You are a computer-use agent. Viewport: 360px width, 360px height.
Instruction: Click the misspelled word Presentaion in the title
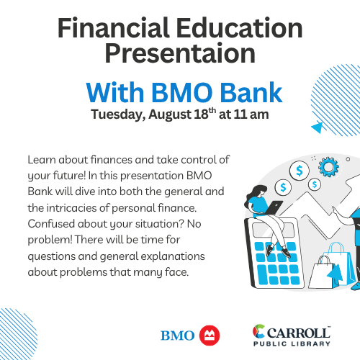[x=180, y=53]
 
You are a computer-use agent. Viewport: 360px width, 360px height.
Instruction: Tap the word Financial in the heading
[x=114, y=28]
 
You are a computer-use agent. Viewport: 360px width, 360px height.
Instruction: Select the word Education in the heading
[x=240, y=28]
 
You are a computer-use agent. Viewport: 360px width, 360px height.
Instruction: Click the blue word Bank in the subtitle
[x=251, y=92]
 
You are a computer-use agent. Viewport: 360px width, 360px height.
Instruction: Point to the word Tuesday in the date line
[x=118, y=114]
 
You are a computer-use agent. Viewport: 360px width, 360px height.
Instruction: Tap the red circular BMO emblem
[x=210, y=336]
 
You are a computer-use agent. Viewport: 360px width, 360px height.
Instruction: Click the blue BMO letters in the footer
[x=178, y=336]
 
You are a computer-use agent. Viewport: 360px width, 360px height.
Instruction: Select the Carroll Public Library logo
[x=292, y=336]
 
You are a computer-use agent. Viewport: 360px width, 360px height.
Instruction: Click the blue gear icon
[x=328, y=167]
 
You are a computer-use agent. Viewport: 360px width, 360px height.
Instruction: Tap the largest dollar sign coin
[x=300, y=171]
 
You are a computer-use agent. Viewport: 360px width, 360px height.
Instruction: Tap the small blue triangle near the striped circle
[x=318, y=127]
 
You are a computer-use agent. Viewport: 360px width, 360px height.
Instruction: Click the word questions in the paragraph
[x=52, y=257]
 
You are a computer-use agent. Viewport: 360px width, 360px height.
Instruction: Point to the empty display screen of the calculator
[x=273, y=230]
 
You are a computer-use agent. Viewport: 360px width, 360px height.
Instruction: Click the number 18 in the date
[x=201, y=114]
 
